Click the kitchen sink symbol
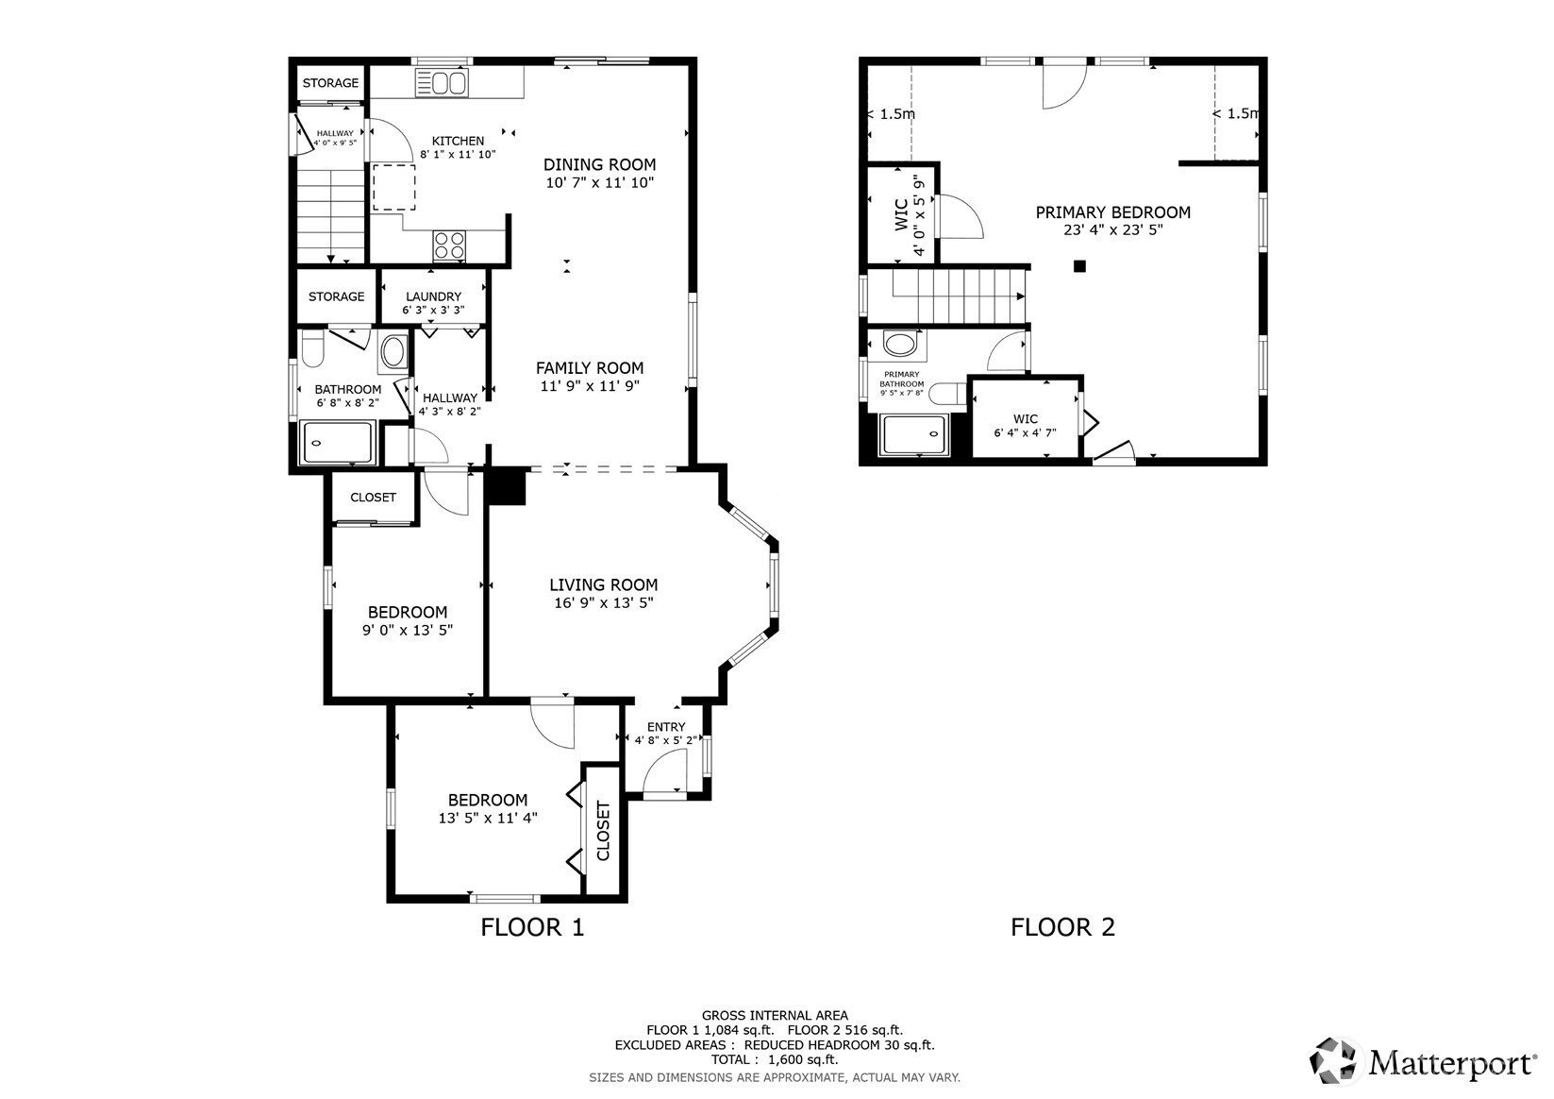[442, 83]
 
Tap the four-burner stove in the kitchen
[449, 245]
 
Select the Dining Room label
[599, 164]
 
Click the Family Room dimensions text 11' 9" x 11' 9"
[590, 386]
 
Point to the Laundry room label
[434, 296]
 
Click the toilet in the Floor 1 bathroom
[313, 347]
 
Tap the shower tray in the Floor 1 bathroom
[338, 442]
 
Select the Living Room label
[604, 585]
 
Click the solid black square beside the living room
[508, 485]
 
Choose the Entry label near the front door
[666, 727]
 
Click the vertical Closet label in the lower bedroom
[603, 830]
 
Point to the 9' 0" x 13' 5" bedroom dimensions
[408, 631]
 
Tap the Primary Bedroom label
[1112, 212]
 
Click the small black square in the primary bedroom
[1079, 266]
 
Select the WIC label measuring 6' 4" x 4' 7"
[1026, 418]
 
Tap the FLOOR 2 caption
[1062, 927]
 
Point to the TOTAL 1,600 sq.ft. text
[775, 1059]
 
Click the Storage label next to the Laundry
[337, 296]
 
